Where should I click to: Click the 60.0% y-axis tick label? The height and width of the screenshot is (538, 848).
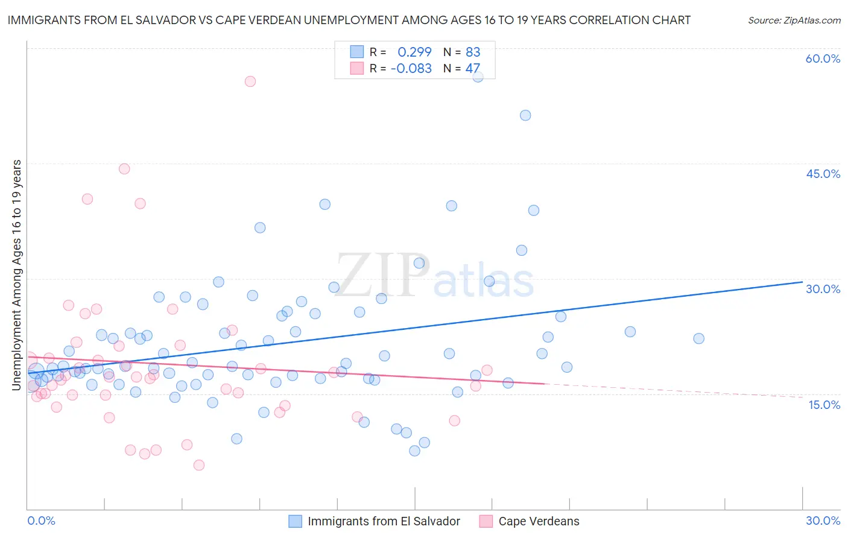coord(823,59)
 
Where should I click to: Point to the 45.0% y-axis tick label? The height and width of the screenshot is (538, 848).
coord(823,174)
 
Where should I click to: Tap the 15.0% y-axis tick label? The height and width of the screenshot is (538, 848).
coord(824,405)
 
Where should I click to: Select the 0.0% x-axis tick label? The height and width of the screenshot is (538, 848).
coord(41,521)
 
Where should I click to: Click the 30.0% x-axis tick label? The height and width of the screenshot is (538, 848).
coord(823,521)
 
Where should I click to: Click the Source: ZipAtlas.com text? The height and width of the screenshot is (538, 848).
coord(794,20)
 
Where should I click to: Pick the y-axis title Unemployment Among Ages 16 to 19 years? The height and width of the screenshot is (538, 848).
coord(17,275)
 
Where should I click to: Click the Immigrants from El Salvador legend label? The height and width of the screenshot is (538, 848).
coord(384,521)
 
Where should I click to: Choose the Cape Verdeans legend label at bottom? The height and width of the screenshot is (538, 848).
coord(539,521)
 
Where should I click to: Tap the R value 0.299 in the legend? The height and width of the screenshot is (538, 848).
coord(414,52)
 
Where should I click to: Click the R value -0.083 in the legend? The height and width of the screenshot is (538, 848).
coord(411,68)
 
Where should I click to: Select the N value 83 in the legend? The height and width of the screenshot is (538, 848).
coord(473,52)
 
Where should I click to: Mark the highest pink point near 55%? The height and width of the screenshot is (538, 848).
coord(250,81)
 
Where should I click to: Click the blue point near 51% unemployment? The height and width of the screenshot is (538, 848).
coord(525,115)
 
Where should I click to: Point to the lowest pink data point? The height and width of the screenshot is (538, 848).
coord(199,465)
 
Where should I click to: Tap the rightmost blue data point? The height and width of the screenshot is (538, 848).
coord(698,338)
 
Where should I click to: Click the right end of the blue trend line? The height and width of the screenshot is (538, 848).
coord(802,282)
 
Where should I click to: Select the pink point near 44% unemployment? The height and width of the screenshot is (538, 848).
coord(124,169)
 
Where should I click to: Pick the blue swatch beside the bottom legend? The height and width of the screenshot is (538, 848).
coord(295,521)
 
